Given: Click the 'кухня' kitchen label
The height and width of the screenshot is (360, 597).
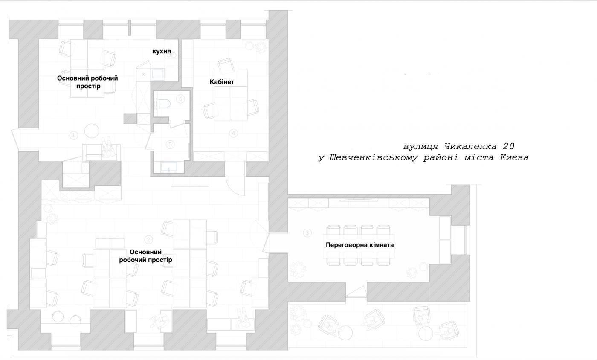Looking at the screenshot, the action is coord(162,52).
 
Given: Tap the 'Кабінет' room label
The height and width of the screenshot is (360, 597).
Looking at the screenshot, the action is coord(222,82).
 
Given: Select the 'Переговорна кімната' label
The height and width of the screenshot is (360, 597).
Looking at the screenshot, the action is coord(359,245).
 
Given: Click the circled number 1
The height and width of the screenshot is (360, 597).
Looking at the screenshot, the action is coord(73,136).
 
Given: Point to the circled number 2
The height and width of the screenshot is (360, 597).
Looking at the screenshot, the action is coord(148,240).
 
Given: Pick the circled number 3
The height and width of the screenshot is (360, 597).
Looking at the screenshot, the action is coord(307,233).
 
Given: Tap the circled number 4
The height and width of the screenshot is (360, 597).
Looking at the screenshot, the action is coord(234,133).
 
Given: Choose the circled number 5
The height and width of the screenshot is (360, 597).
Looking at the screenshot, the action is coord(170,145).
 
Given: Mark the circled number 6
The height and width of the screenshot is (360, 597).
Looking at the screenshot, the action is coord(180,99).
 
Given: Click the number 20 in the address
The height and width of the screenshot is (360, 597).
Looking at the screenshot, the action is coord(508,146).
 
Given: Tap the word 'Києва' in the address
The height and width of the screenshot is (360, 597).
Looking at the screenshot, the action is coord(514,157).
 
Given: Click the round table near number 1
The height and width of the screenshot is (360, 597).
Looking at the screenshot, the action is coord(92,131).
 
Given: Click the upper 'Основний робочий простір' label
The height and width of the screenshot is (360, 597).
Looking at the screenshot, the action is coord(87,82).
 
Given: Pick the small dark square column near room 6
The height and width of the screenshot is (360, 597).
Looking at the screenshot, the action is coord(130,119).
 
